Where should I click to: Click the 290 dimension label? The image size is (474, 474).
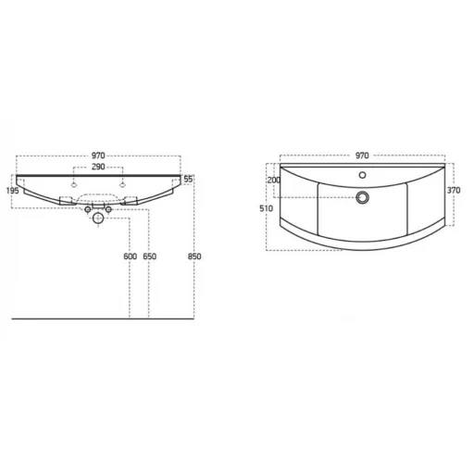coord(98,167)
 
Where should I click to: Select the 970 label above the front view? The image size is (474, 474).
coord(98,156)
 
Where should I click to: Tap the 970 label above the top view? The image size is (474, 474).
coord(362,156)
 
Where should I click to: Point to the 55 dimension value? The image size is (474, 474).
coord(188,179)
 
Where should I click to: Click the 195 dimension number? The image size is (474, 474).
coord(12,191)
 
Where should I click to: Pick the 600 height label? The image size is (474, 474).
coord(130,256)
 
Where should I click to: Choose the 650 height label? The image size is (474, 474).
coord(149,256)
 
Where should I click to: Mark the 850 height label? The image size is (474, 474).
coord(194,256)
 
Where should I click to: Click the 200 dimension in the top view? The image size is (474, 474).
coord(274,180)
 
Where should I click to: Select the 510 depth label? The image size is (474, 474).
coord(266,208)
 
